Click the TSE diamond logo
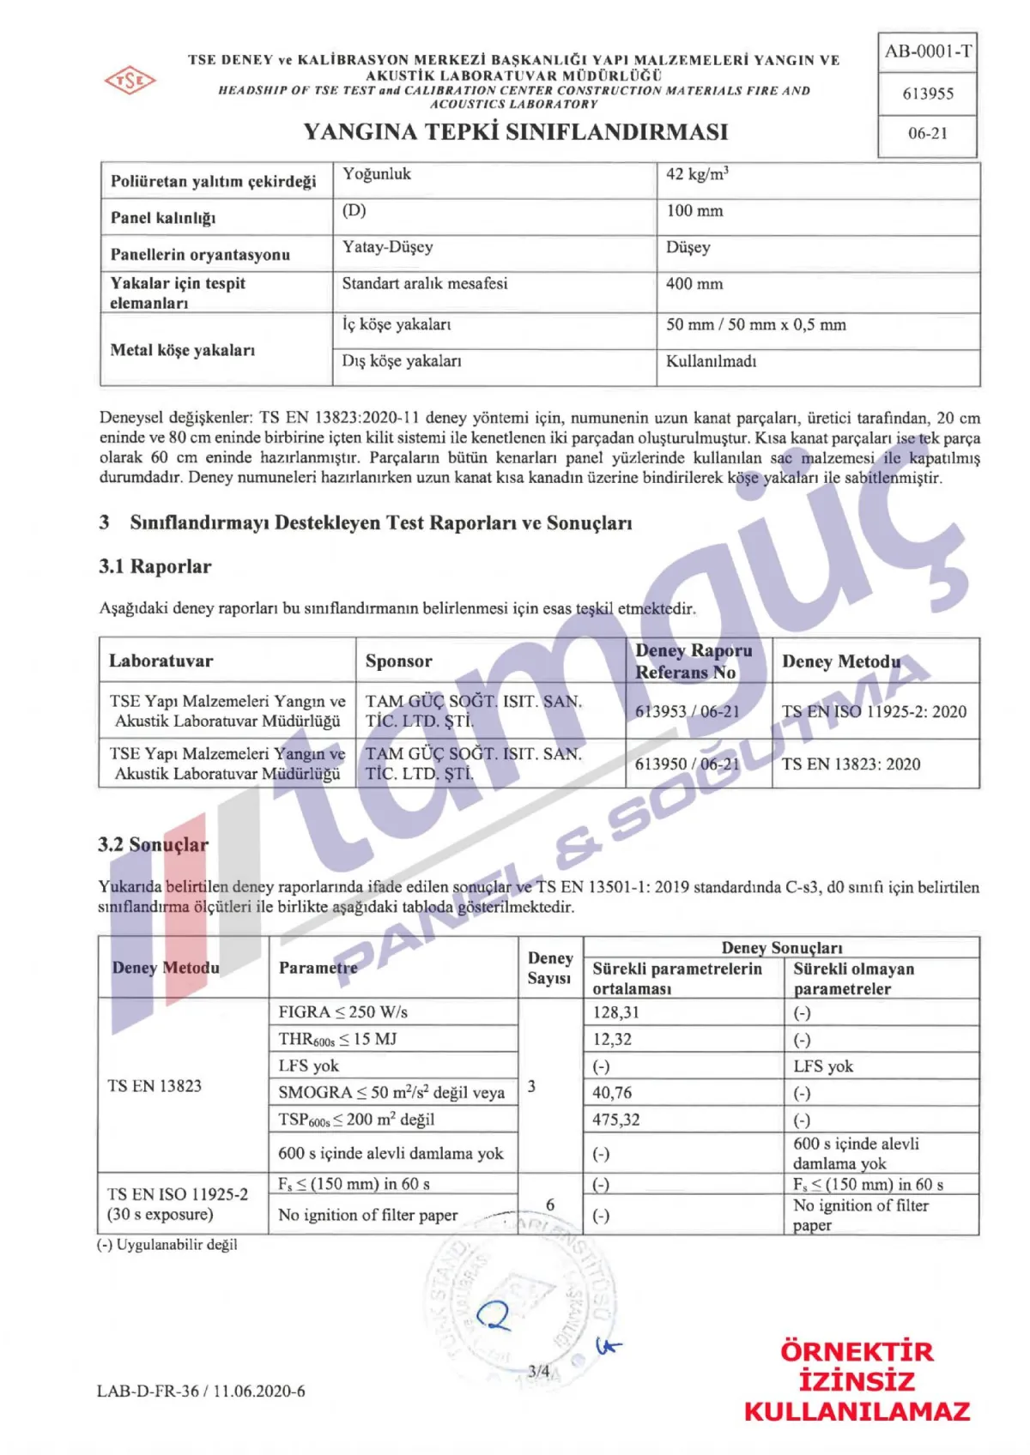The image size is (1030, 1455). [x=130, y=81]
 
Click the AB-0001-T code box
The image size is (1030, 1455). [x=928, y=51]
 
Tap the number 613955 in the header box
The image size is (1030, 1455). [x=928, y=94]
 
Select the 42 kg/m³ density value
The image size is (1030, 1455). [x=697, y=174]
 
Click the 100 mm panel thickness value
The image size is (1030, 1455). [x=694, y=211]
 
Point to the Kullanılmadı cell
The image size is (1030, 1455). [x=711, y=361]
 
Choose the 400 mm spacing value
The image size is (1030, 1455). [x=694, y=284]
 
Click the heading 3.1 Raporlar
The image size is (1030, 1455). [x=154, y=566]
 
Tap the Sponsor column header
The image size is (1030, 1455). [x=398, y=661]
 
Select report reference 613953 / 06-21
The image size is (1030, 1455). [x=687, y=711]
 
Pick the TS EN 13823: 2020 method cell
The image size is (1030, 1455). [x=851, y=764]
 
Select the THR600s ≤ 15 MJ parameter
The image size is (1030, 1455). [x=337, y=1040]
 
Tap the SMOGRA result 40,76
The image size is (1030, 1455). [x=612, y=1093]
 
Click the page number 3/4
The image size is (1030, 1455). [x=539, y=1371]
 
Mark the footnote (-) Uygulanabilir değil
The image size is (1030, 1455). [x=167, y=1244]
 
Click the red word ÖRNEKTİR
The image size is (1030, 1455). [x=856, y=1352]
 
